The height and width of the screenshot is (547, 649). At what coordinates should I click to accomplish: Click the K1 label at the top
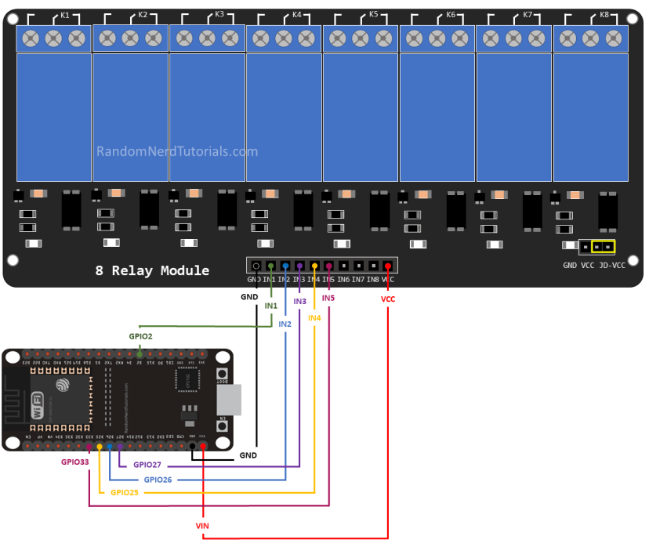[x=65, y=15]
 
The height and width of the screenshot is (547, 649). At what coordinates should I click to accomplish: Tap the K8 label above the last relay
[x=604, y=15]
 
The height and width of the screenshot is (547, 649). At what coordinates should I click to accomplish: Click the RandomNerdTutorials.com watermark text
[x=176, y=152]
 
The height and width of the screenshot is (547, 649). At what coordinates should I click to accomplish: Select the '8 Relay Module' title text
[x=152, y=270]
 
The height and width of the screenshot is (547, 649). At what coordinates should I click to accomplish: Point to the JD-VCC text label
[x=612, y=266]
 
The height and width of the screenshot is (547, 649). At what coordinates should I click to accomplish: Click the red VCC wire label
[x=388, y=299]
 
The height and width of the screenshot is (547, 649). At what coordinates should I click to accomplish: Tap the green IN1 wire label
[x=271, y=305]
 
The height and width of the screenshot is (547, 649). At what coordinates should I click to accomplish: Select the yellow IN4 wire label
[x=314, y=317]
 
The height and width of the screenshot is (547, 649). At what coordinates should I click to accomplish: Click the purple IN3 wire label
[x=299, y=301]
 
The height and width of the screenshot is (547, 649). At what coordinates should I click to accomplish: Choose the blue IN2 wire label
[x=285, y=324]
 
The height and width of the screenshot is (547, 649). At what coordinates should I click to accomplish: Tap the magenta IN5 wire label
[x=328, y=299]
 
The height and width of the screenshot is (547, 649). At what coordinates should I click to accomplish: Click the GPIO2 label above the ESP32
[x=140, y=335]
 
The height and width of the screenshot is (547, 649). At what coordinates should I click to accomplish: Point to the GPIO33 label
[x=75, y=462]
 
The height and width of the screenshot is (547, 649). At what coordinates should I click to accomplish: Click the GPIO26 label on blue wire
[x=158, y=479]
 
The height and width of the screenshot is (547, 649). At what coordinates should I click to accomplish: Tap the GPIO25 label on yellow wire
[x=125, y=492]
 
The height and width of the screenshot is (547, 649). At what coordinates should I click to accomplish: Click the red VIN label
[x=203, y=524]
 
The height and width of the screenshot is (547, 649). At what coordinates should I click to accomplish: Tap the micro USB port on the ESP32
[x=227, y=400]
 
